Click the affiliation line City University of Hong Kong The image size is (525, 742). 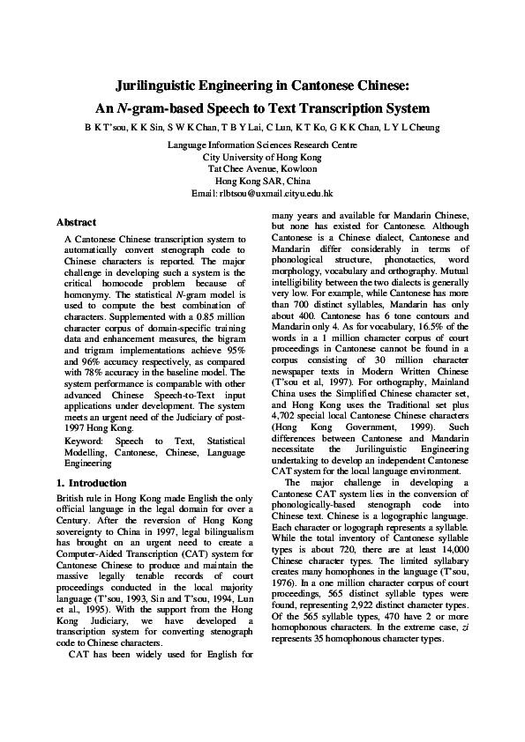[262, 156]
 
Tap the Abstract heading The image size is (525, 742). [76, 222]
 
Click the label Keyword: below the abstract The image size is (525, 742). [83, 440]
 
